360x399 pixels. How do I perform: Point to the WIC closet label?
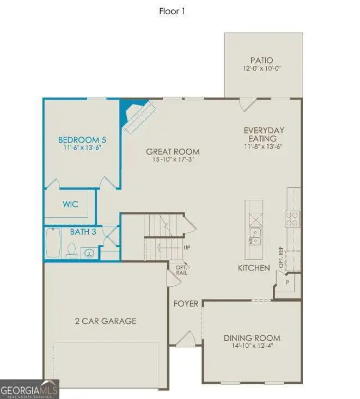[x=70, y=204]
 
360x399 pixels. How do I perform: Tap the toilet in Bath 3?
[x=71, y=250]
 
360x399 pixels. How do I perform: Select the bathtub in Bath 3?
[x=53, y=243]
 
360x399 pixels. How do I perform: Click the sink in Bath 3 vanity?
[x=89, y=253]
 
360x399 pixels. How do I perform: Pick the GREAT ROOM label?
[x=173, y=152]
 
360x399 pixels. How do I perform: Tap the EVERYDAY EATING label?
[x=264, y=134]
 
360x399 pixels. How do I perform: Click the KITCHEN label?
[x=254, y=268]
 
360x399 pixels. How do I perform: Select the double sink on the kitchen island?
[x=254, y=237]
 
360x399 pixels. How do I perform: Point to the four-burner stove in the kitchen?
[x=292, y=219]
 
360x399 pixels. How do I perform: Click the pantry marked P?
[x=287, y=283]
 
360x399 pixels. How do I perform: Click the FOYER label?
[x=186, y=303]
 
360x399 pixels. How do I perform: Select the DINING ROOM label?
[x=252, y=338]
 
